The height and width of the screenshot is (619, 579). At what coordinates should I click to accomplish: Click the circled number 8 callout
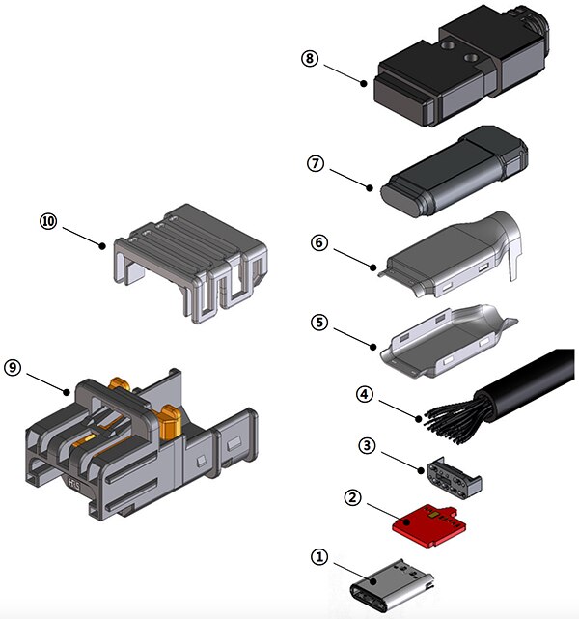(309, 58)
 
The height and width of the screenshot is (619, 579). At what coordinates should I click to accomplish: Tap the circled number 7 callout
(314, 163)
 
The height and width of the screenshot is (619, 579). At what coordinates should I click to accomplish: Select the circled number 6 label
(319, 243)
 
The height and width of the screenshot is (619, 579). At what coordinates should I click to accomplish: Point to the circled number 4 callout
(364, 394)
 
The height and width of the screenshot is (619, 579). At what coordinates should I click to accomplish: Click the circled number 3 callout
(366, 447)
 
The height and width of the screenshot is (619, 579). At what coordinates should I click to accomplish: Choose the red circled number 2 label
(353, 498)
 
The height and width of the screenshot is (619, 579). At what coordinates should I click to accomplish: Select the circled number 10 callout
(48, 220)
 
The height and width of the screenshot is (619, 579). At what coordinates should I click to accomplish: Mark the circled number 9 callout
(13, 367)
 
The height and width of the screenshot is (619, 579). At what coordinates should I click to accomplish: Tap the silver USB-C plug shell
(392, 586)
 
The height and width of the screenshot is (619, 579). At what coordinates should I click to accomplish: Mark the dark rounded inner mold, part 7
(454, 174)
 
